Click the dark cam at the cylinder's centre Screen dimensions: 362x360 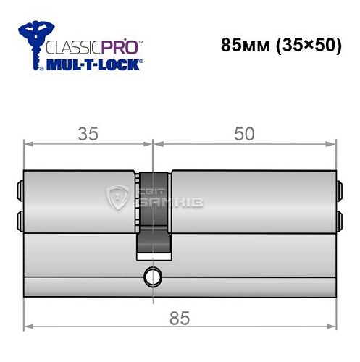(154, 216)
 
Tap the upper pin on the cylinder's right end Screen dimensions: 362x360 (339, 193)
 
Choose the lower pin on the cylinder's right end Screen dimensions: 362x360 (339, 218)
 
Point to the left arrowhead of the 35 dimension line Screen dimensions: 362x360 (28, 145)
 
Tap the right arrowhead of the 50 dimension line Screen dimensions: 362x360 (332, 145)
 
